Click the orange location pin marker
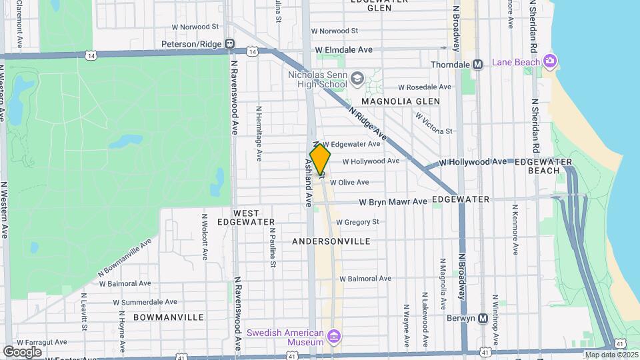pyautogui.click(x=320, y=158)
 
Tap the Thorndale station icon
pyautogui.click(x=477, y=65)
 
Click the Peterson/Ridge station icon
pyautogui.click(x=230, y=44)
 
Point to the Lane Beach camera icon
pyautogui.click(x=550, y=62)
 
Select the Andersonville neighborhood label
pyautogui.click(x=331, y=240)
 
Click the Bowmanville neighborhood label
pyautogui.click(x=163, y=317)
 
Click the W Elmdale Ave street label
pyautogui.click(x=343, y=49)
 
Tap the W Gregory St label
pyautogui.click(x=357, y=222)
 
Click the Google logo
pyautogui.click(x=22, y=351)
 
